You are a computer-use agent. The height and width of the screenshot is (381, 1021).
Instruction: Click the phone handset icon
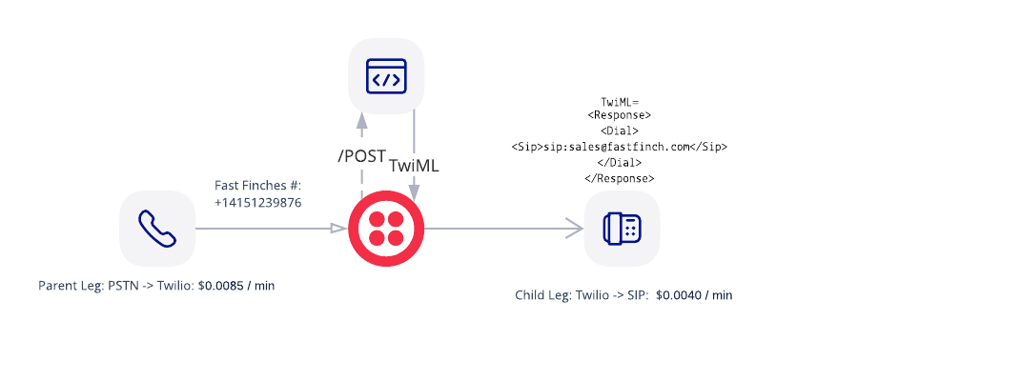pos(157,229)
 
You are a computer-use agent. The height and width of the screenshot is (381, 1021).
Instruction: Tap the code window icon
pos(386,76)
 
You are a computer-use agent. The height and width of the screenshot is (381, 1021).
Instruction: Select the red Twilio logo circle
pos(386,229)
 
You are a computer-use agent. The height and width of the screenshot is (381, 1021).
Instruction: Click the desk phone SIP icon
pos(622,229)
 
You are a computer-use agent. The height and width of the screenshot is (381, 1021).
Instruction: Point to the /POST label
pos(361,156)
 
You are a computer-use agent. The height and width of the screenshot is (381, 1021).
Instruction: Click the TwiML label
pos(414,165)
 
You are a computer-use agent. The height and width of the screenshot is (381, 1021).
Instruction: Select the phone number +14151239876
pos(258,203)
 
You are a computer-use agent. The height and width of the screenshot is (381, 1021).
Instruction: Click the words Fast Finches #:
pos(258,186)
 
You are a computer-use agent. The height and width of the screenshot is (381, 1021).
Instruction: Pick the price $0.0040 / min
pos(694,295)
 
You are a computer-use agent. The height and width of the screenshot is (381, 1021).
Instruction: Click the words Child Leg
pos(542,295)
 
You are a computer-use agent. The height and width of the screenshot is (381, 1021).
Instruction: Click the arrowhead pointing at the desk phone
pos(575,229)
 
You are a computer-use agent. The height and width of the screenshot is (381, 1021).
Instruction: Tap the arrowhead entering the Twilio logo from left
pos(338,229)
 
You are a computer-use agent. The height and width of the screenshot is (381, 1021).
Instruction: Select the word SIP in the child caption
pos(636,295)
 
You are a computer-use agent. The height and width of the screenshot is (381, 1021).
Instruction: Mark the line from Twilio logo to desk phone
pos(496,229)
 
